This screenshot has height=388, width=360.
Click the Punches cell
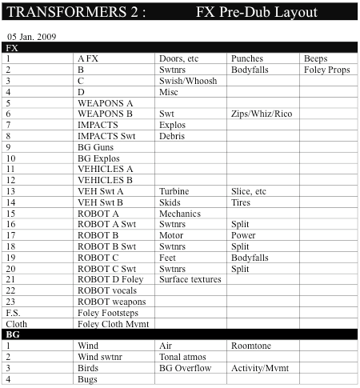pyautogui.click(x=247, y=59)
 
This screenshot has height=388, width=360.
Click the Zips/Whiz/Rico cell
pyautogui.click(x=261, y=114)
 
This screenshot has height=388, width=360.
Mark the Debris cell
pyautogui.click(x=172, y=136)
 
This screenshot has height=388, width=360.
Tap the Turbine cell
pyautogui.click(x=174, y=192)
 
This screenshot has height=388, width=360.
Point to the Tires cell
pyautogui.click(x=241, y=203)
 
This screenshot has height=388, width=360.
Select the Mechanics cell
pyautogui.click(x=179, y=214)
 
